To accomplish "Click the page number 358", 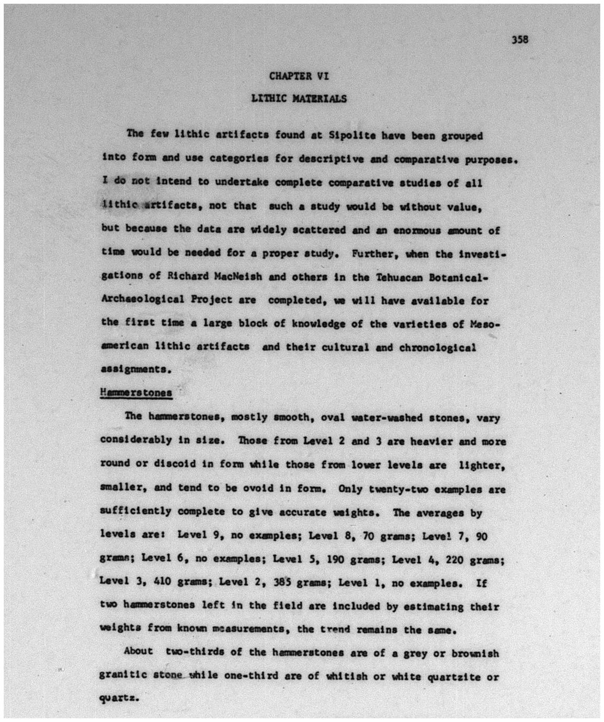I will [x=520, y=39].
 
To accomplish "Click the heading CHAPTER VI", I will [x=299, y=76].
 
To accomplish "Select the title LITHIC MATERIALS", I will [x=299, y=98].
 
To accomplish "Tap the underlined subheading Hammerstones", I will [x=136, y=392].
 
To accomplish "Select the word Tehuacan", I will [x=398, y=277].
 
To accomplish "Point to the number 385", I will [x=282, y=582].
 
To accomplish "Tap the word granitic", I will [x=120, y=676].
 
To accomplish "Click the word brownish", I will [x=474, y=653].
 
